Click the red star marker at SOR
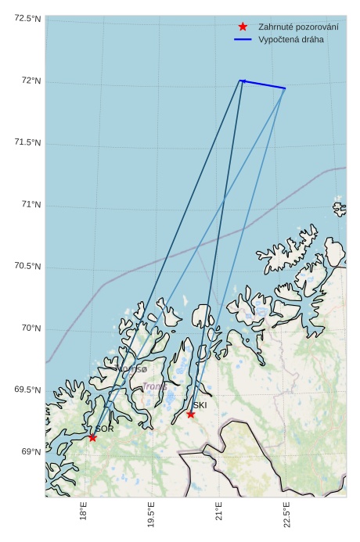(92, 437)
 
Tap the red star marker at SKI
(190, 414)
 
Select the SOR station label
(104, 429)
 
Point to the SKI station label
(200, 405)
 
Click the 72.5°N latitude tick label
(27, 19)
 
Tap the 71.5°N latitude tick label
(27, 142)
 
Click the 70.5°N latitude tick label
(27, 267)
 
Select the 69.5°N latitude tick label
(27, 390)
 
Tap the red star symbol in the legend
(243, 27)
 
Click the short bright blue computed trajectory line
(263, 84)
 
